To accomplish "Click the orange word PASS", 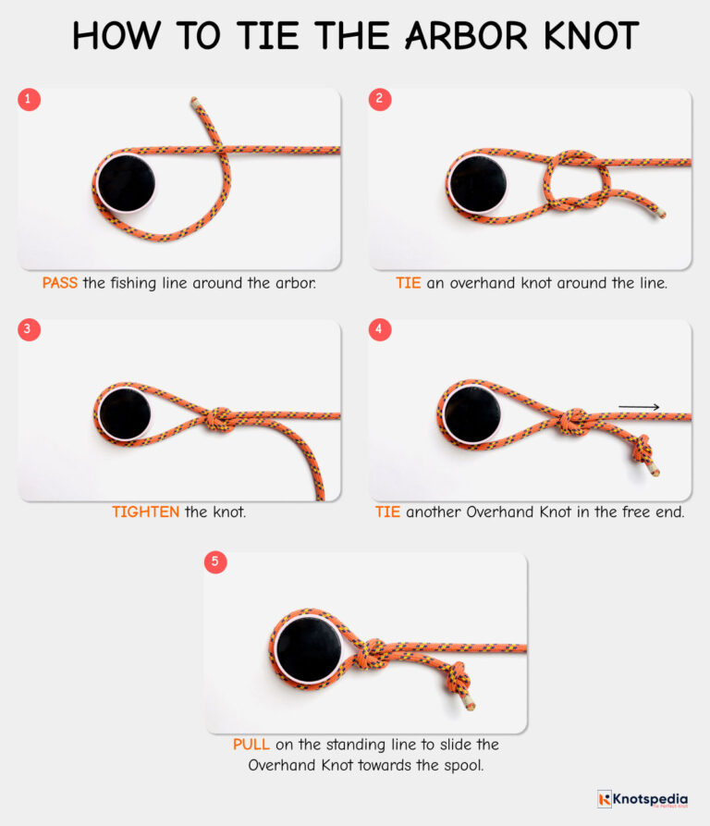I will [60, 283].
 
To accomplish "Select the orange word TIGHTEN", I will [146, 512].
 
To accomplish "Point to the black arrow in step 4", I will [639, 406].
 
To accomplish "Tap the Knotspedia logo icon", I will [606, 798].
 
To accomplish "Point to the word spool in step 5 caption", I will [466, 765].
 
